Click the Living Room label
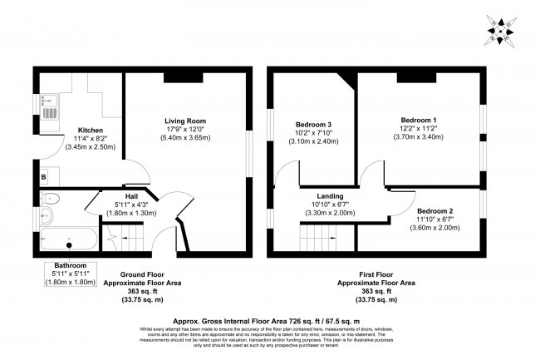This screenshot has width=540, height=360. coord(184,121)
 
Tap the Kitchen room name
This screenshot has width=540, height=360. coord(90,131)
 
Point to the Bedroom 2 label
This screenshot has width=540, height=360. coord(434,211)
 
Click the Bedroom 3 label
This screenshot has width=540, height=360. coord(314,125)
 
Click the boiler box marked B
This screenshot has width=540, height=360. coord(43,176)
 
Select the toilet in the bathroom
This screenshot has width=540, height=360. coord(50,199)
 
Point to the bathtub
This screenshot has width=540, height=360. coord(71,239)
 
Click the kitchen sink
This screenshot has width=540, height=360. coord(48,109)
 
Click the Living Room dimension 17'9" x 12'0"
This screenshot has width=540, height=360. coord(184,130)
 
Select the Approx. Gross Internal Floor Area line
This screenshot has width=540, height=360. coord(265,320)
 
